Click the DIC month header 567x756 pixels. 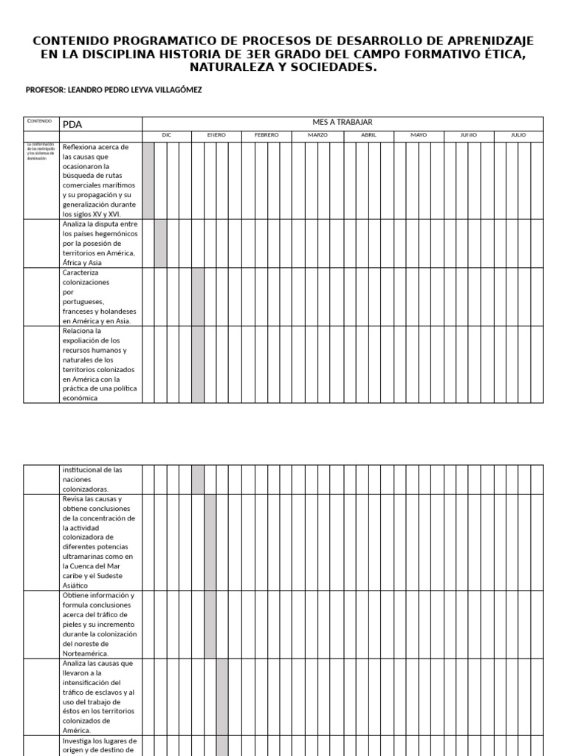(x=167, y=135)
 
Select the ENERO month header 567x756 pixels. (x=216, y=135)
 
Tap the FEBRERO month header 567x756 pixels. (x=267, y=135)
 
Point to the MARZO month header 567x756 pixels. (x=317, y=135)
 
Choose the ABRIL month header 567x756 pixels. (x=368, y=135)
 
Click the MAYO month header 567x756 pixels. (x=419, y=135)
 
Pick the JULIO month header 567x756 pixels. (x=518, y=135)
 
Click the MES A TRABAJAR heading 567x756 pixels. (x=343, y=123)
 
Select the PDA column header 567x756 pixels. (x=72, y=125)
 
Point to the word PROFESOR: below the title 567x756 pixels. (x=45, y=90)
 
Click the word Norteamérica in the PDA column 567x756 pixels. (x=86, y=653)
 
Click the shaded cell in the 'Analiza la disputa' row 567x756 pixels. (x=160, y=243)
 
